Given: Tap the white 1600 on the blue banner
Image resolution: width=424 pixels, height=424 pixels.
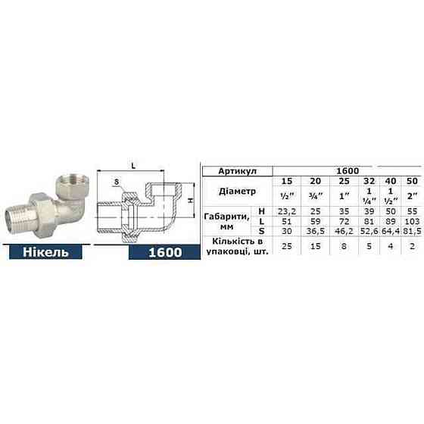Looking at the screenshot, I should point(164,273).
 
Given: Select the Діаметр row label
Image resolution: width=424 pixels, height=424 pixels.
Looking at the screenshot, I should point(237,192).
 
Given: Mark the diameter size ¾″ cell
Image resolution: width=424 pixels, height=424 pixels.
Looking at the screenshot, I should point(310,196).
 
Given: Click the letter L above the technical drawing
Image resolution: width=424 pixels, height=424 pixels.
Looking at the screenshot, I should point(133,164).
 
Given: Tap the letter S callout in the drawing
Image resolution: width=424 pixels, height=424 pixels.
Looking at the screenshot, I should point(116,182).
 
